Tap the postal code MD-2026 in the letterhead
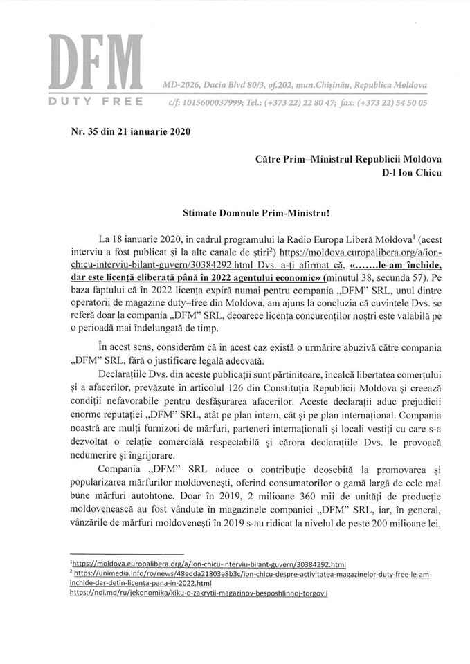pos(181,84)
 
